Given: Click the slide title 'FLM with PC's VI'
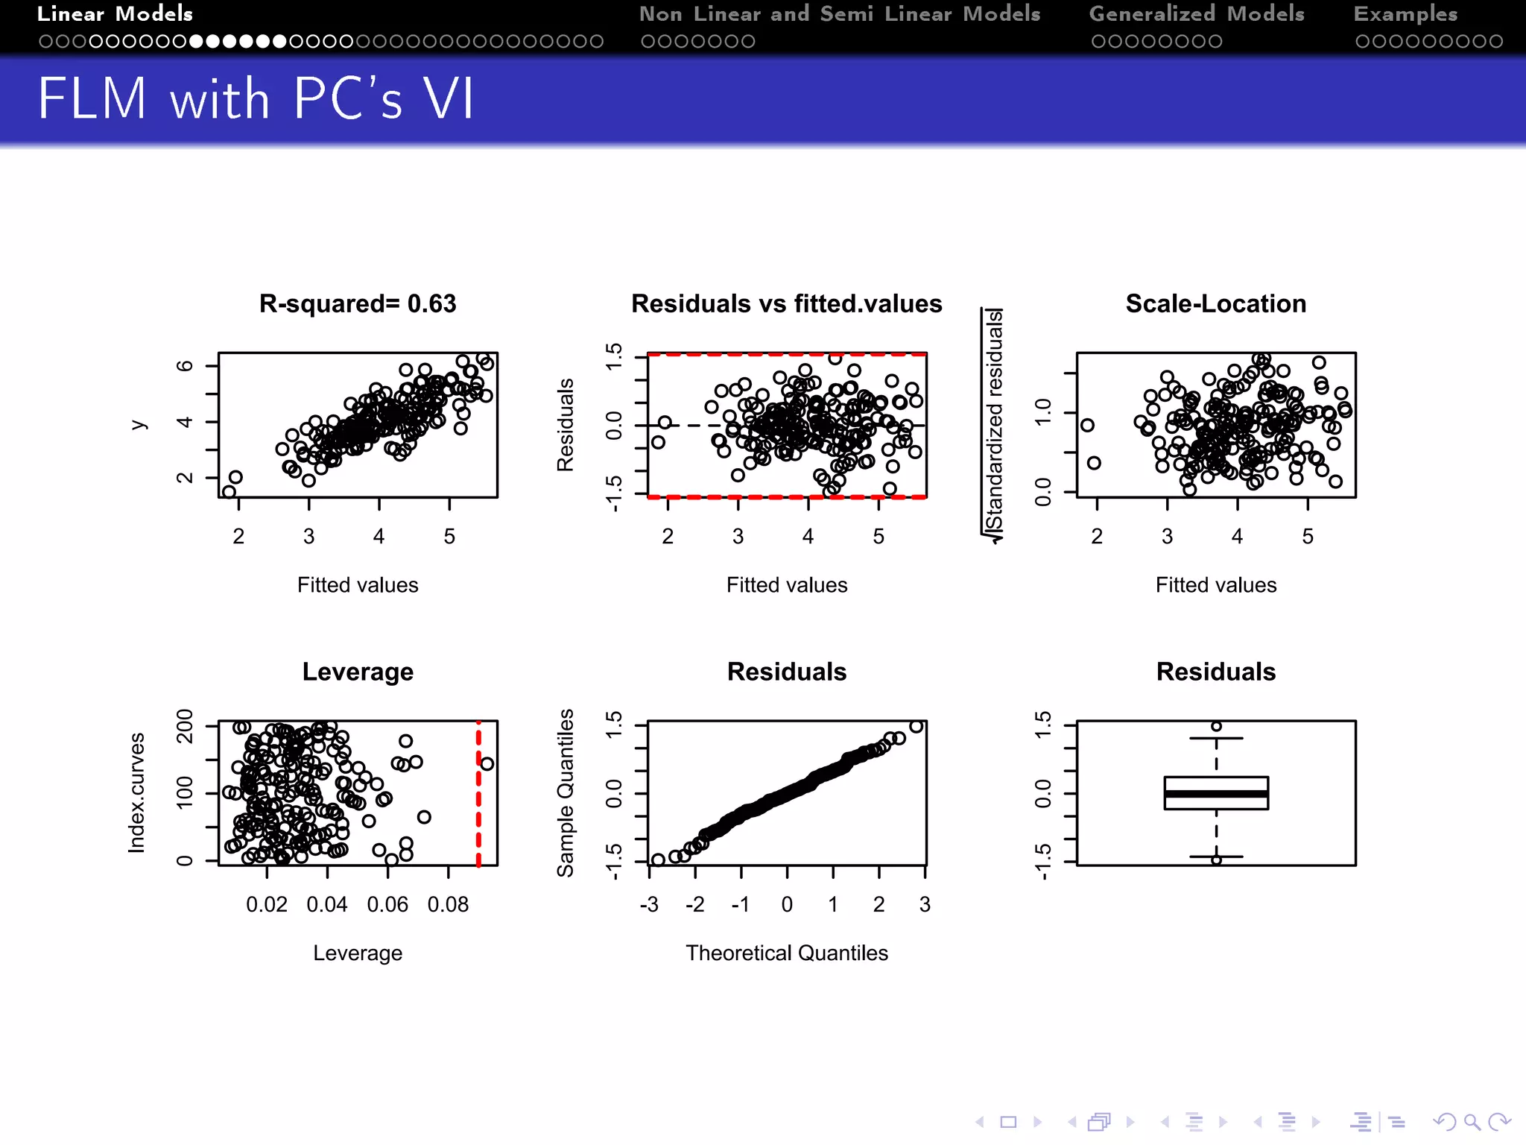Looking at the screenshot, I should [256, 99].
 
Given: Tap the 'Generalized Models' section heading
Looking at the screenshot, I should [1196, 14].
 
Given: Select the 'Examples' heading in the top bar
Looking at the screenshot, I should [1405, 14].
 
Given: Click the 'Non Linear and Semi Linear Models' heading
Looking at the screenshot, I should [839, 14].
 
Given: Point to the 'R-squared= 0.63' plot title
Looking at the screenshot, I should [358, 304].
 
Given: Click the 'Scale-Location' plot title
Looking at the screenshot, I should [1215, 304].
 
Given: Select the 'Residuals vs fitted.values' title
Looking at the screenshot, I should [786, 304].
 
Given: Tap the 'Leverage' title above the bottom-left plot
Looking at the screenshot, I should [358, 672].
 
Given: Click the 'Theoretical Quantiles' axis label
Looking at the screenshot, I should [786, 953].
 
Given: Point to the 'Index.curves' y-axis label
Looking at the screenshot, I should [136, 792].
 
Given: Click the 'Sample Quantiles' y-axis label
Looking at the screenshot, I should [566, 792].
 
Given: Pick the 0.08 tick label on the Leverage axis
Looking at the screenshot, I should [448, 905].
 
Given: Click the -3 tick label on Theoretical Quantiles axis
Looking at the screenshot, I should [649, 905].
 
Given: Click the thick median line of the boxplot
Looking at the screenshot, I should [1215, 794].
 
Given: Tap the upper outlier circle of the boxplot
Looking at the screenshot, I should [1216, 726].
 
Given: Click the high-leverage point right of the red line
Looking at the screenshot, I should [487, 764].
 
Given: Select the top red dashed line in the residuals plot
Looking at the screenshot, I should [786, 354].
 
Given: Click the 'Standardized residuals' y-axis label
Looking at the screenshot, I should [993, 425].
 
